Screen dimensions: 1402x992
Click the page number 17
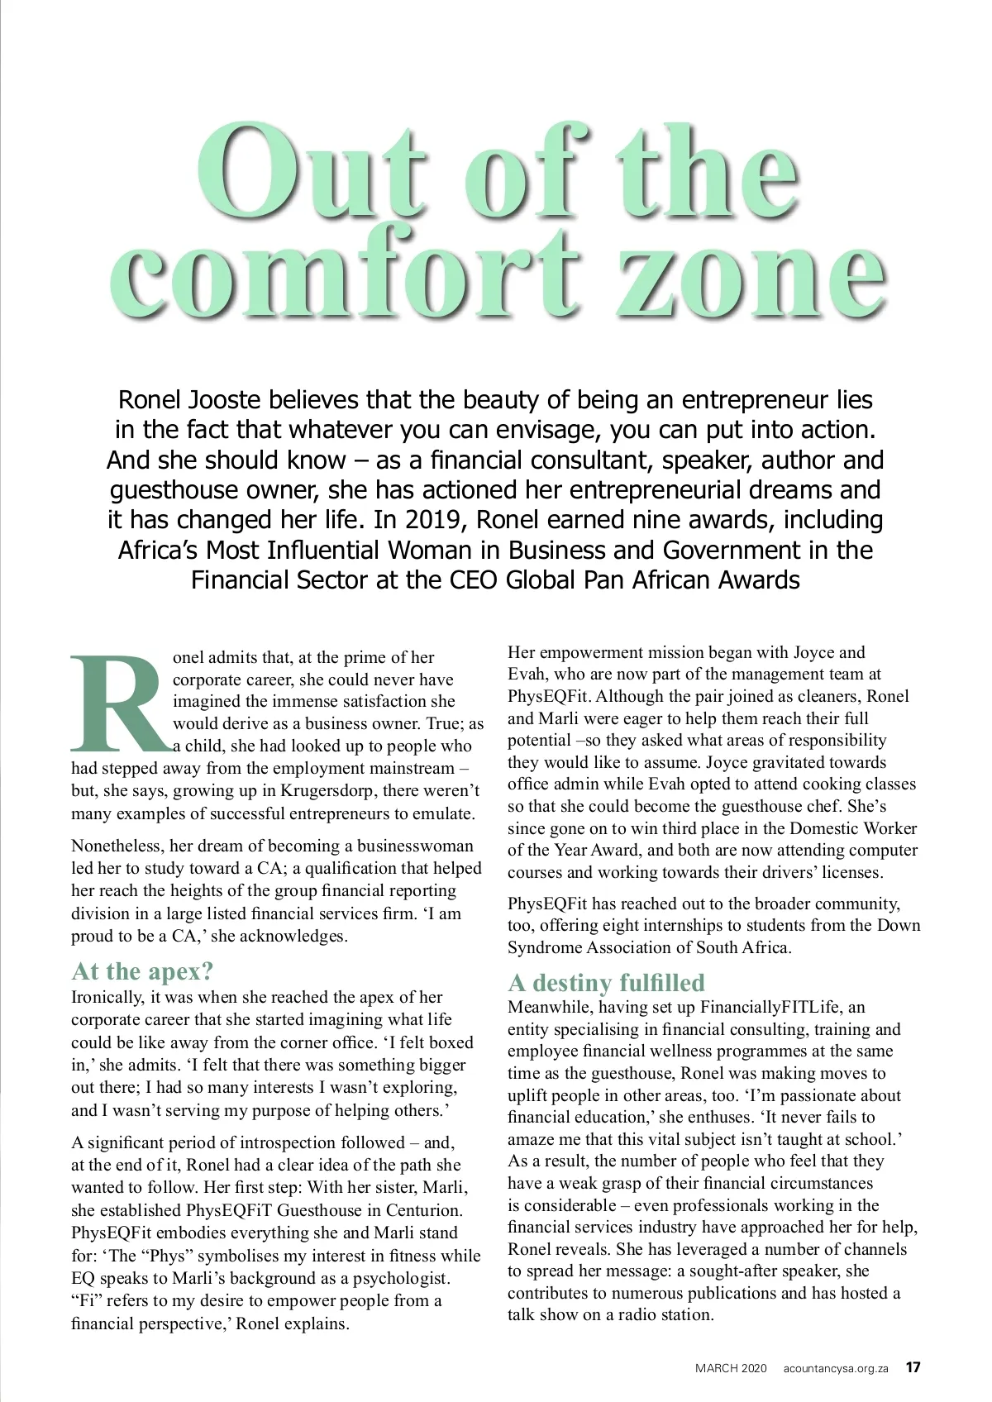[x=913, y=1366]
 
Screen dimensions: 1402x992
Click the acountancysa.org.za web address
[x=836, y=1367]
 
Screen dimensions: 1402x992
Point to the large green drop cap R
[x=120, y=701]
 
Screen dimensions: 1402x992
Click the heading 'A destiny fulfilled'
[x=606, y=982]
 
